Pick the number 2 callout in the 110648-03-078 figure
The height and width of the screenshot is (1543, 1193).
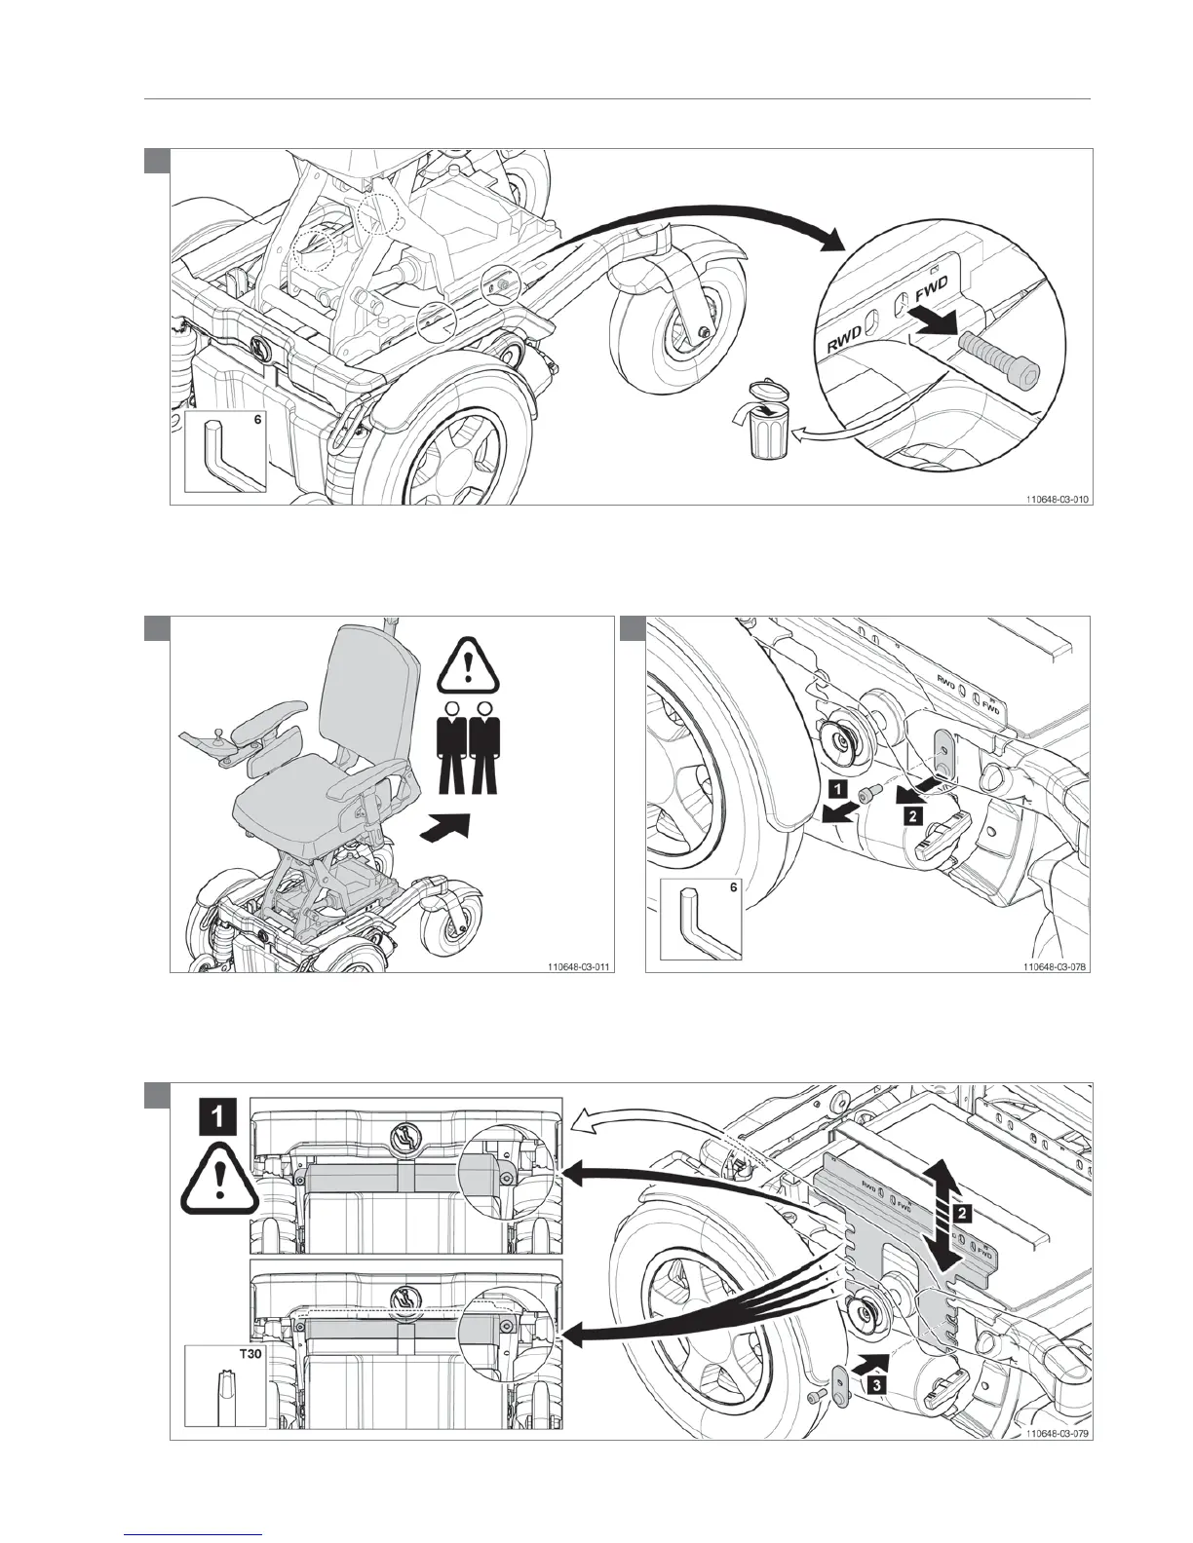click(x=911, y=816)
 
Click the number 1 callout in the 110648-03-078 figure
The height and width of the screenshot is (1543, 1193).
click(x=840, y=785)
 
